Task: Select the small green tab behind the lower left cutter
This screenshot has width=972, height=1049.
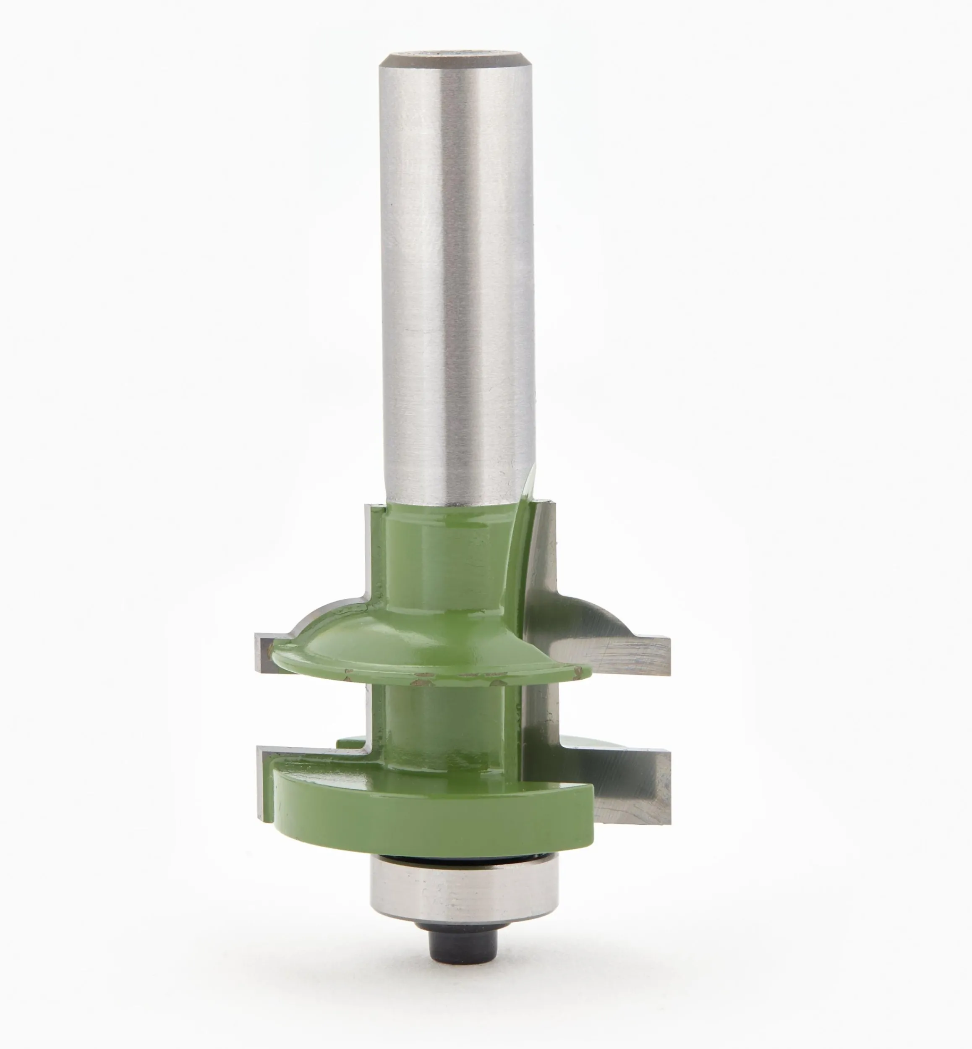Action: [x=350, y=742]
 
